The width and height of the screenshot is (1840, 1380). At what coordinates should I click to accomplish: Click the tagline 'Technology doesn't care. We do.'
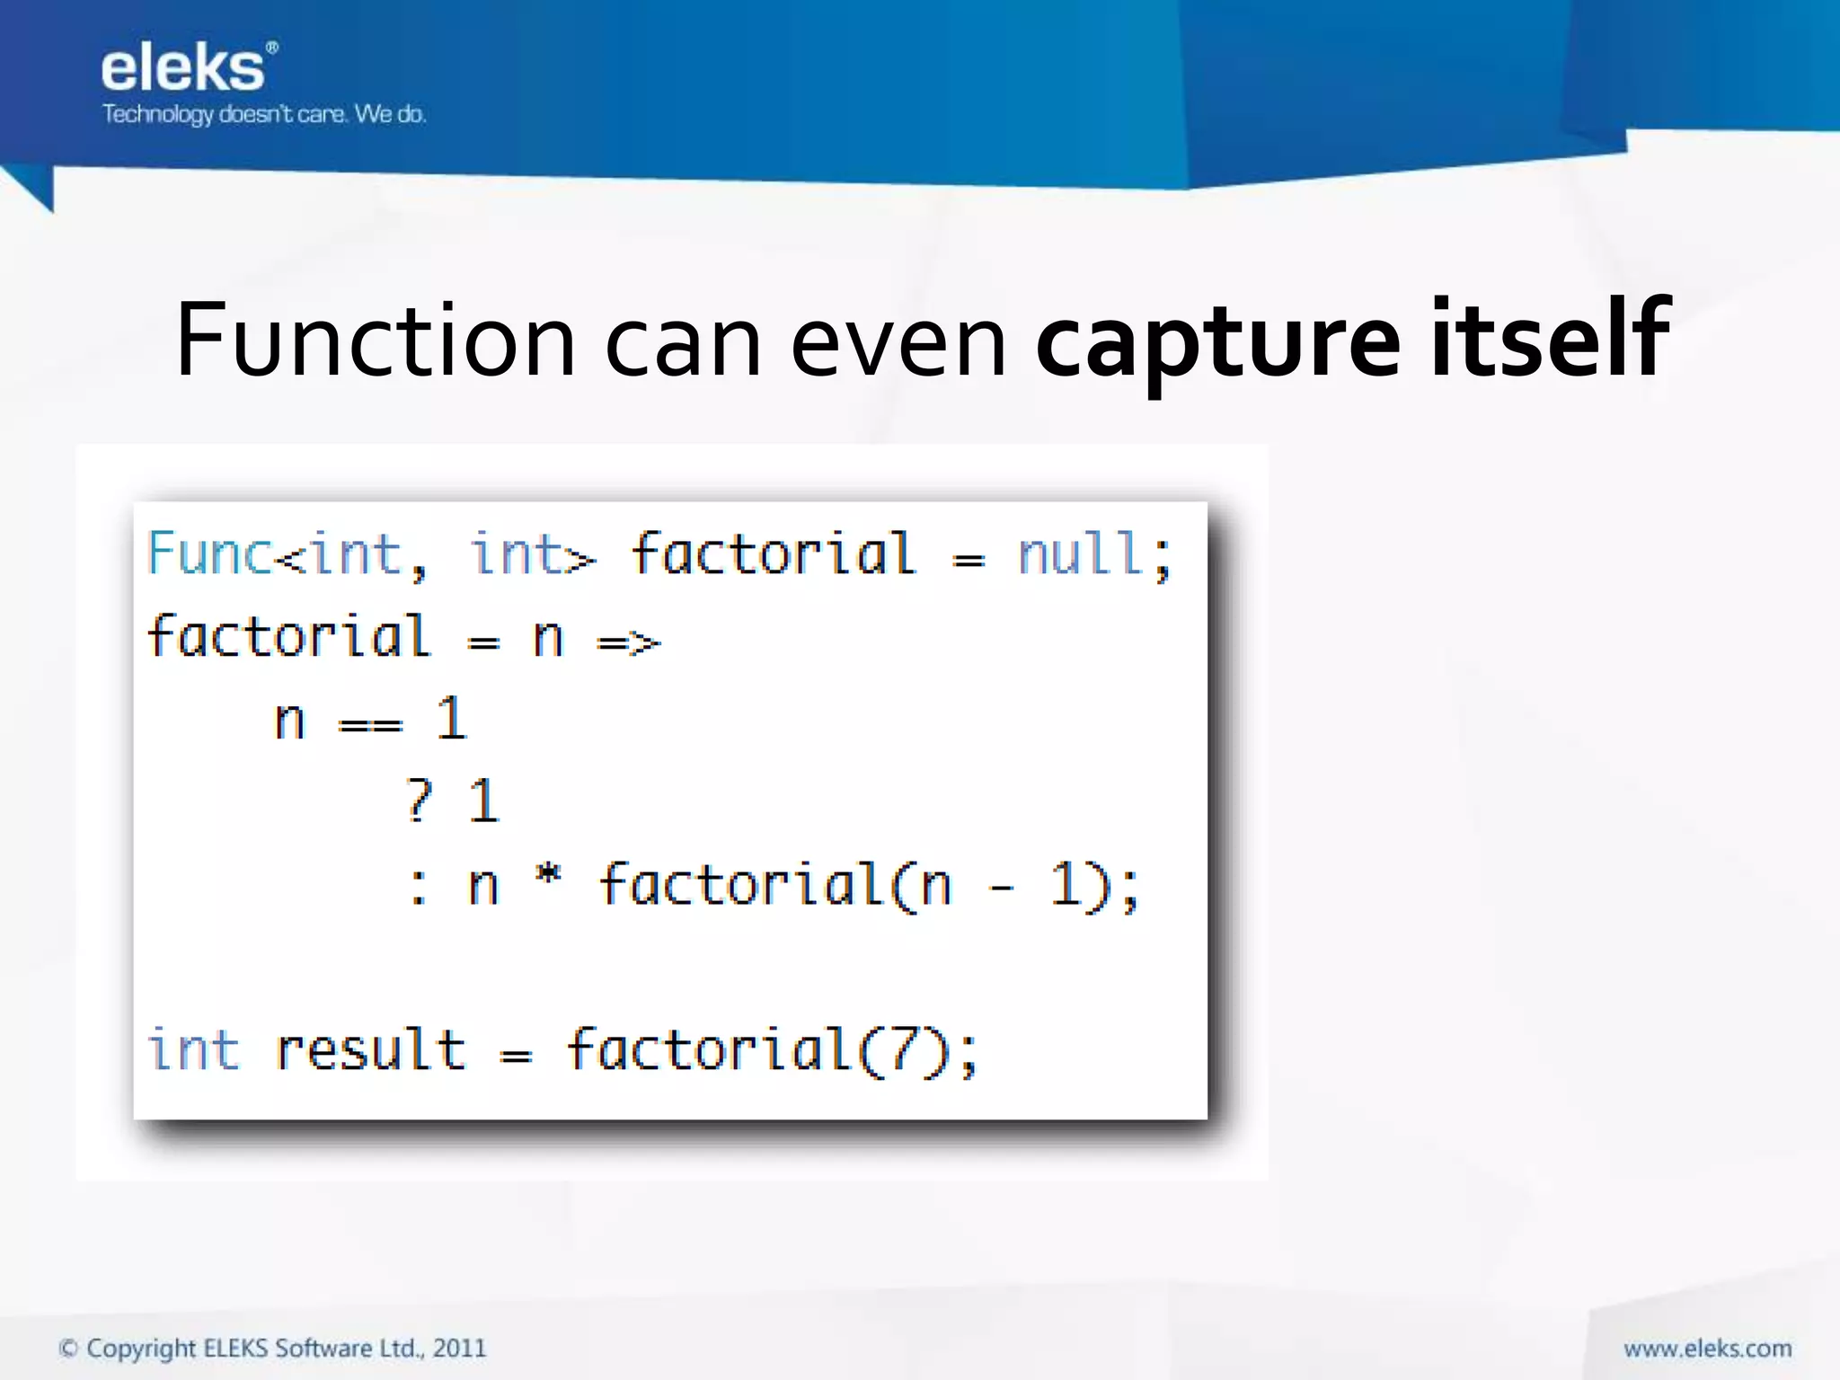pyautogui.click(x=263, y=114)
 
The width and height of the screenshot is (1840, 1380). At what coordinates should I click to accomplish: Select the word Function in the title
pyautogui.click(x=375, y=341)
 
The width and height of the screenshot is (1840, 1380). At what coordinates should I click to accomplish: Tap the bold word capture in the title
pyautogui.click(x=1216, y=341)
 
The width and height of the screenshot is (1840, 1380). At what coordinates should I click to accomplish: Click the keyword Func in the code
pyautogui.click(x=209, y=553)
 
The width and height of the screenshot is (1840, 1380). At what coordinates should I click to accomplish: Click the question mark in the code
pyautogui.click(x=418, y=801)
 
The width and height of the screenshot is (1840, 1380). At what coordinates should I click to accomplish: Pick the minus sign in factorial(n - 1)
pyautogui.click(x=1000, y=889)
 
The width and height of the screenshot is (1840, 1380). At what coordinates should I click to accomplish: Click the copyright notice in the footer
pyautogui.click(x=271, y=1348)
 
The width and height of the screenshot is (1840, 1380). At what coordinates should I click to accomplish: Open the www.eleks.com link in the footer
pyautogui.click(x=1707, y=1349)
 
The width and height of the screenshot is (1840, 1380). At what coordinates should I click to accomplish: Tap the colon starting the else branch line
pyautogui.click(x=418, y=886)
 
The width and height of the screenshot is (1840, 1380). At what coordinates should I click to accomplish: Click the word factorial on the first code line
pyautogui.click(x=773, y=553)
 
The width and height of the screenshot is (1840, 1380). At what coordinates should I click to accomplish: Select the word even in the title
pyautogui.click(x=898, y=341)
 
